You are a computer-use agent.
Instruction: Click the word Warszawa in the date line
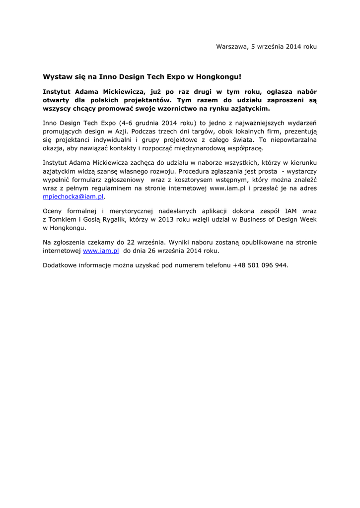[x=231, y=47]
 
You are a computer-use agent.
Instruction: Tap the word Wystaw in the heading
[x=56, y=77]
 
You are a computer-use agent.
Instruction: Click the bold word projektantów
[x=142, y=100]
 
